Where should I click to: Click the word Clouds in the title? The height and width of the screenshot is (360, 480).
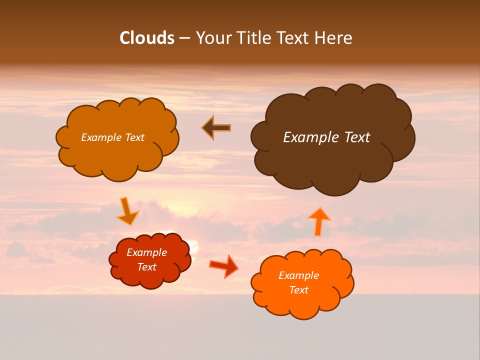pyautogui.click(x=147, y=38)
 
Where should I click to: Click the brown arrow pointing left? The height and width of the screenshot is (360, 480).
pyautogui.click(x=216, y=128)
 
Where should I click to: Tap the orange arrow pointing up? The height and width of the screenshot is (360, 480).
pyautogui.click(x=318, y=221)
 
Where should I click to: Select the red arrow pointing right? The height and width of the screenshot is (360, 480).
pyautogui.click(x=224, y=265)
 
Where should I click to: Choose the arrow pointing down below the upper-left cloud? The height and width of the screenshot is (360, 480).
pyautogui.click(x=127, y=211)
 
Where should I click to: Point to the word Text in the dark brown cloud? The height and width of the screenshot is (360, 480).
pyautogui.click(x=356, y=137)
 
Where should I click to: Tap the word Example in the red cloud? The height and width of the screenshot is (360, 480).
pyautogui.click(x=146, y=252)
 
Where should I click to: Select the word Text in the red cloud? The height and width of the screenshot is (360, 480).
pyautogui.click(x=147, y=267)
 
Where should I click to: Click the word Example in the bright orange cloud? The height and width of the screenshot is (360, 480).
pyautogui.click(x=298, y=275)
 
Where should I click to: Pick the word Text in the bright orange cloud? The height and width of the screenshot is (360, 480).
pyautogui.click(x=298, y=290)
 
